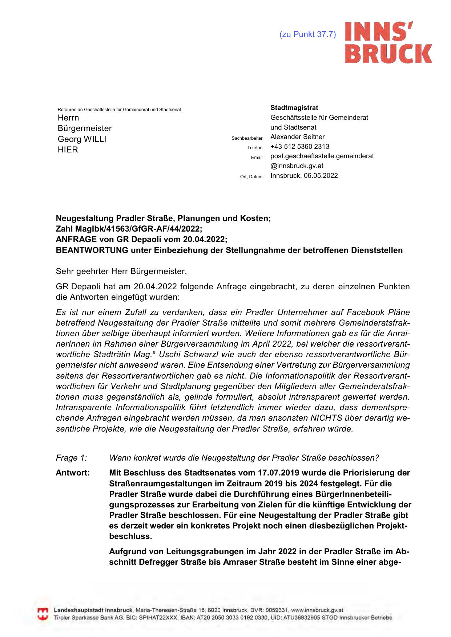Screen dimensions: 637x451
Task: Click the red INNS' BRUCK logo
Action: [388, 42]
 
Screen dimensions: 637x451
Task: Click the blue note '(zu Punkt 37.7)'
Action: [307, 34]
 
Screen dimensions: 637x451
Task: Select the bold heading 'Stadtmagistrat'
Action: [294, 108]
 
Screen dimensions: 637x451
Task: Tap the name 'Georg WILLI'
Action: [82, 139]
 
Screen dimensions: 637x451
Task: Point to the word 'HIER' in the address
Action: [68, 150]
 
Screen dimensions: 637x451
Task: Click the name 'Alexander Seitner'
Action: [297, 137]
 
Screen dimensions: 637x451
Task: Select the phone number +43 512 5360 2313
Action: [300, 147]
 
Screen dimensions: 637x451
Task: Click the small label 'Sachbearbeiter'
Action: [247, 138]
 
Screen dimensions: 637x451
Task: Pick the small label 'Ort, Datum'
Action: [251, 177]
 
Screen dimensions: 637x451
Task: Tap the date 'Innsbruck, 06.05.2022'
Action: [304, 176]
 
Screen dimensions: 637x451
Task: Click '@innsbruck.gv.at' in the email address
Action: [297, 166]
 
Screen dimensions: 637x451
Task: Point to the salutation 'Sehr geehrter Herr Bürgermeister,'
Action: [121, 271]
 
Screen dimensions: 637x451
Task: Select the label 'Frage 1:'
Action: [71, 458]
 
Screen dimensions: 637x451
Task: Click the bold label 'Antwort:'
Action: [73, 473]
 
